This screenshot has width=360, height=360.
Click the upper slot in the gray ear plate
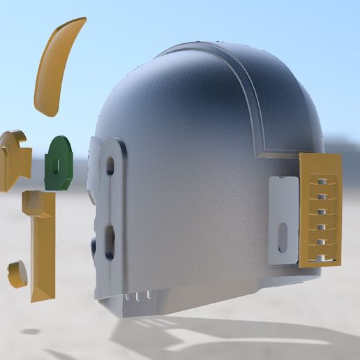click(110, 166)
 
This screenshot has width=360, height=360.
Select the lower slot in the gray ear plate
click(110, 237)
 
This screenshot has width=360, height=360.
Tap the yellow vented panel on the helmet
click(320, 209)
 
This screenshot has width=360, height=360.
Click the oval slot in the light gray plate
click(283, 235)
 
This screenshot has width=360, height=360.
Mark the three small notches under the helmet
click(144, 297)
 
